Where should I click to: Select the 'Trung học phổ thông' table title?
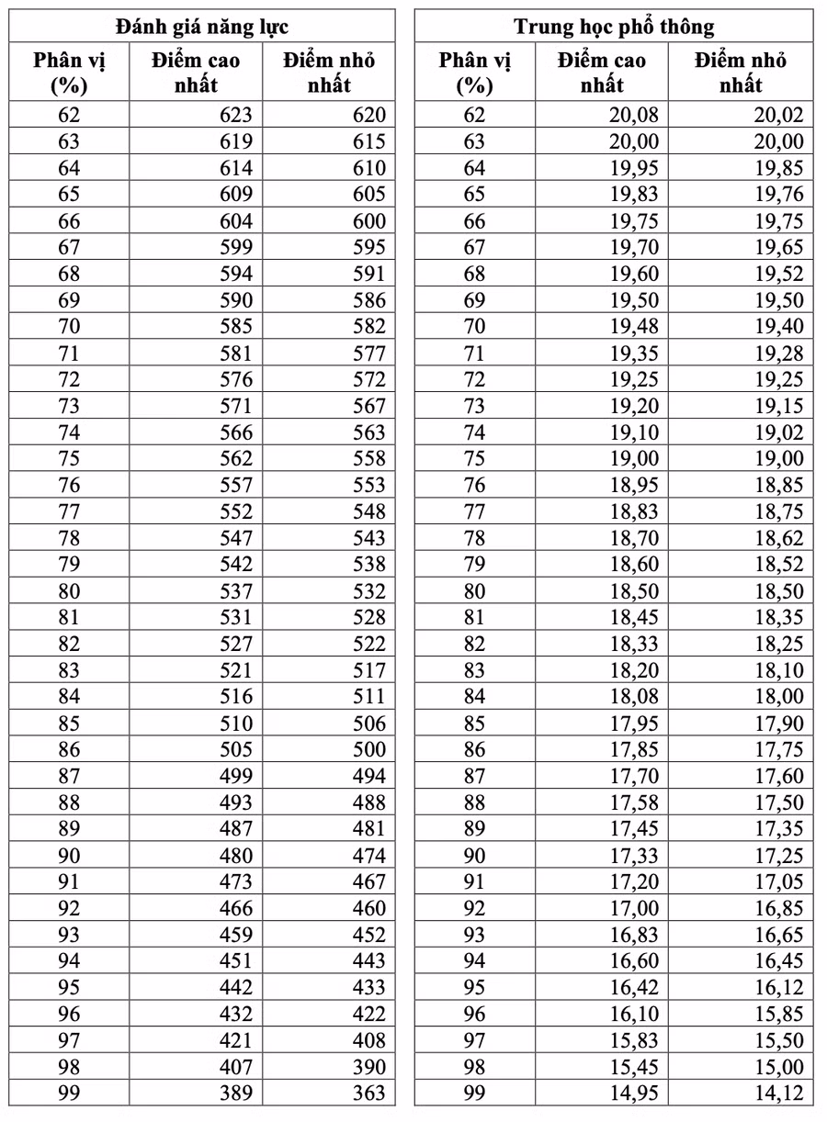614,26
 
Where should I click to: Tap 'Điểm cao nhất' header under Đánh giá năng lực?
196,73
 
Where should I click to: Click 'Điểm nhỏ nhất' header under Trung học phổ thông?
741,73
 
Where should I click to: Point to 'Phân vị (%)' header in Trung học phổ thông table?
474,73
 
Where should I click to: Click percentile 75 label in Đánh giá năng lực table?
69,459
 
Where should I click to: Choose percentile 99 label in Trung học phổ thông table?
474,1094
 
